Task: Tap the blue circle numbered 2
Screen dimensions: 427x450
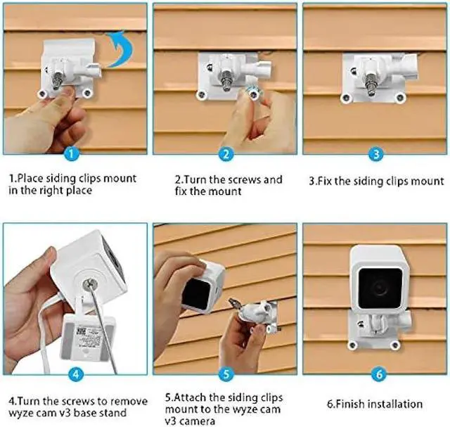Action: (x=224, y=153)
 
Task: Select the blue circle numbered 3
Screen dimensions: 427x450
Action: (x=375, y=153)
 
